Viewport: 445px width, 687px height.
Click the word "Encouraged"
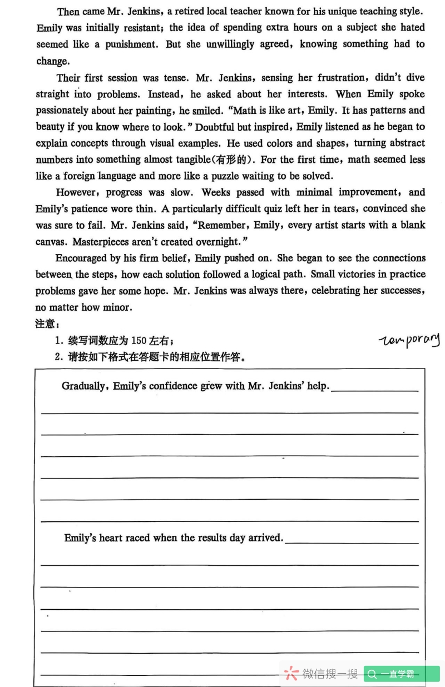81,258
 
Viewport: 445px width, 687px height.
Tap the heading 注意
47,323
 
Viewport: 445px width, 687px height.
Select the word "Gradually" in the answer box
85,386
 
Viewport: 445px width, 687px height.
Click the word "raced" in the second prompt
138,537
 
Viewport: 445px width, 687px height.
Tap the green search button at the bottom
401,674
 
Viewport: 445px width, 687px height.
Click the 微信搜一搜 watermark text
329,674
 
